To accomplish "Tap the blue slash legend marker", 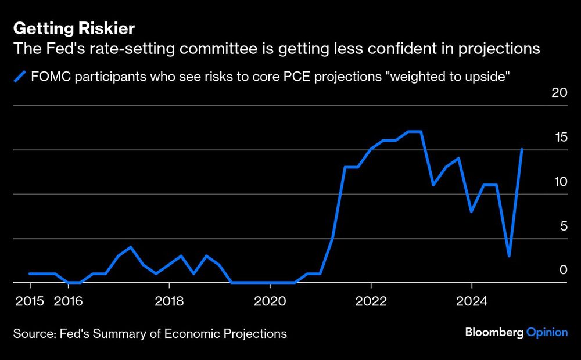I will (21, 75).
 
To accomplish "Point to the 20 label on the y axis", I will (559, 93).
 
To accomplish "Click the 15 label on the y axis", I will (559, 138).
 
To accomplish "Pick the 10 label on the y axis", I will (559, 182).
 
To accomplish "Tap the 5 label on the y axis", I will (563, 226).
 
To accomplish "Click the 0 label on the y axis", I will (563, 270).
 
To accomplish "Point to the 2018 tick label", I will (168, 301).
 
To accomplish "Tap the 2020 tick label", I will (270, 301).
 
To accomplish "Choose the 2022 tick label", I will (371, 301).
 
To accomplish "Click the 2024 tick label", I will (471, 301).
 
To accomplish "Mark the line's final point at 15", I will (522, 149).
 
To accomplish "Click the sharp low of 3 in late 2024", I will (509, 256).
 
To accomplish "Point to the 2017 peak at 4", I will (131, 247).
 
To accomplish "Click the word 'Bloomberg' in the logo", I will (494, 332).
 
